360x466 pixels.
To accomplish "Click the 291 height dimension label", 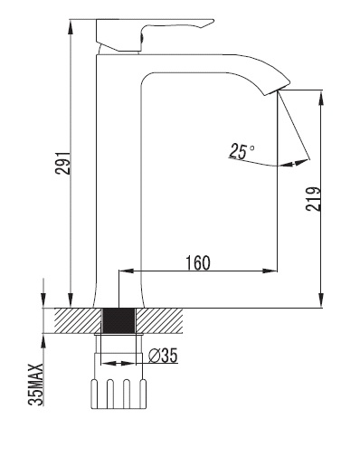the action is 63,163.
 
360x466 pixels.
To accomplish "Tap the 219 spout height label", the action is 313,199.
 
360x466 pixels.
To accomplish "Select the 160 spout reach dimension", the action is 198,262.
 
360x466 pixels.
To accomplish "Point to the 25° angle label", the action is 241,151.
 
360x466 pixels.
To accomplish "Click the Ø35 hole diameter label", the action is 163,356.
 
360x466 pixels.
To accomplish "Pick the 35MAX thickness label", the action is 36,385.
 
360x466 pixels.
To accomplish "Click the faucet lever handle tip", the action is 213,21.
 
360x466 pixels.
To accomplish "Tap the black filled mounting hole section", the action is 118,320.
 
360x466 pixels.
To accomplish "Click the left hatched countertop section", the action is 78,320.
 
